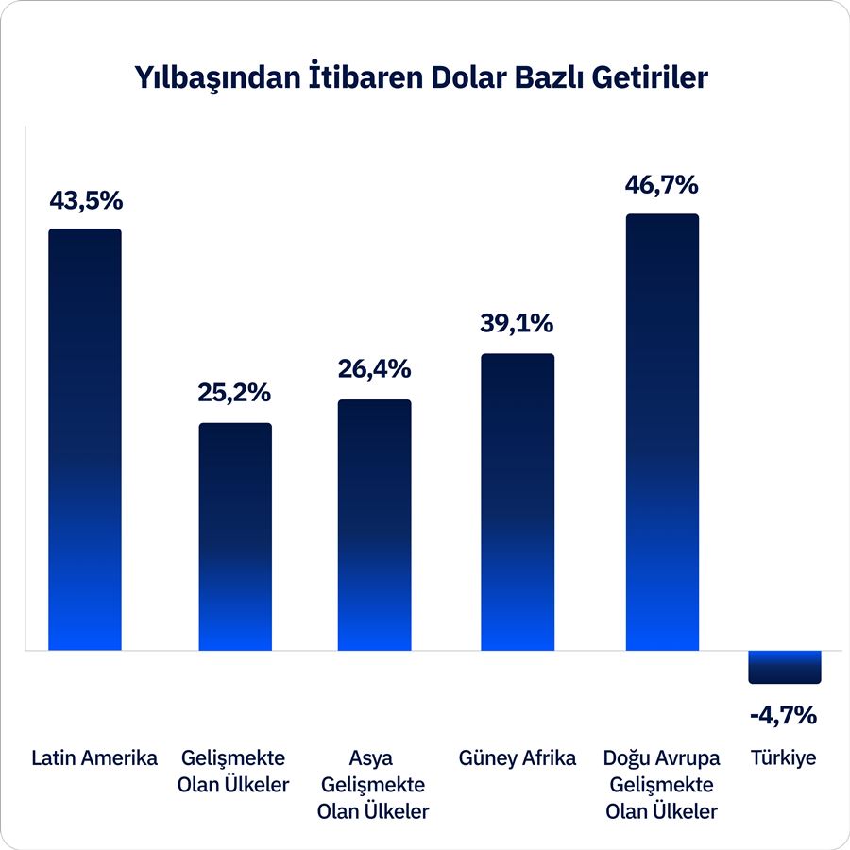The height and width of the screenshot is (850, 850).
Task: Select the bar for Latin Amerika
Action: coord(85,439)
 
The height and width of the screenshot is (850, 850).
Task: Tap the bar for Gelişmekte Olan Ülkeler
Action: coord(234,536)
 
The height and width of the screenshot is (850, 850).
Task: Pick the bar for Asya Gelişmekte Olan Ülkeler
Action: coord(375,525)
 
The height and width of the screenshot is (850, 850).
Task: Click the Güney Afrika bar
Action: coord(518,502)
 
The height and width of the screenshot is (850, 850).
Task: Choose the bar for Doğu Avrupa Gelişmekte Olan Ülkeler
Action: coord(662,433)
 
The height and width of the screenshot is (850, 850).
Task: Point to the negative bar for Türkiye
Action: coord(785,667)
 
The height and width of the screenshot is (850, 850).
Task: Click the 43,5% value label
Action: coord(85,201)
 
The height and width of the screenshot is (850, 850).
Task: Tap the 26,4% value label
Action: coord(375,369)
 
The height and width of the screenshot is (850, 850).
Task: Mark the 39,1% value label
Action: coord(518,324)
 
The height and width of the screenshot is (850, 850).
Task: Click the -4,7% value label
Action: coord(783,715)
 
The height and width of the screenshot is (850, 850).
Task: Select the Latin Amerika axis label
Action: coord(94,758)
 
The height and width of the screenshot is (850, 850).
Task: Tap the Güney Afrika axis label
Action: coord(518,758)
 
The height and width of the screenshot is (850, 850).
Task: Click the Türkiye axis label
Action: coord(784,758)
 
